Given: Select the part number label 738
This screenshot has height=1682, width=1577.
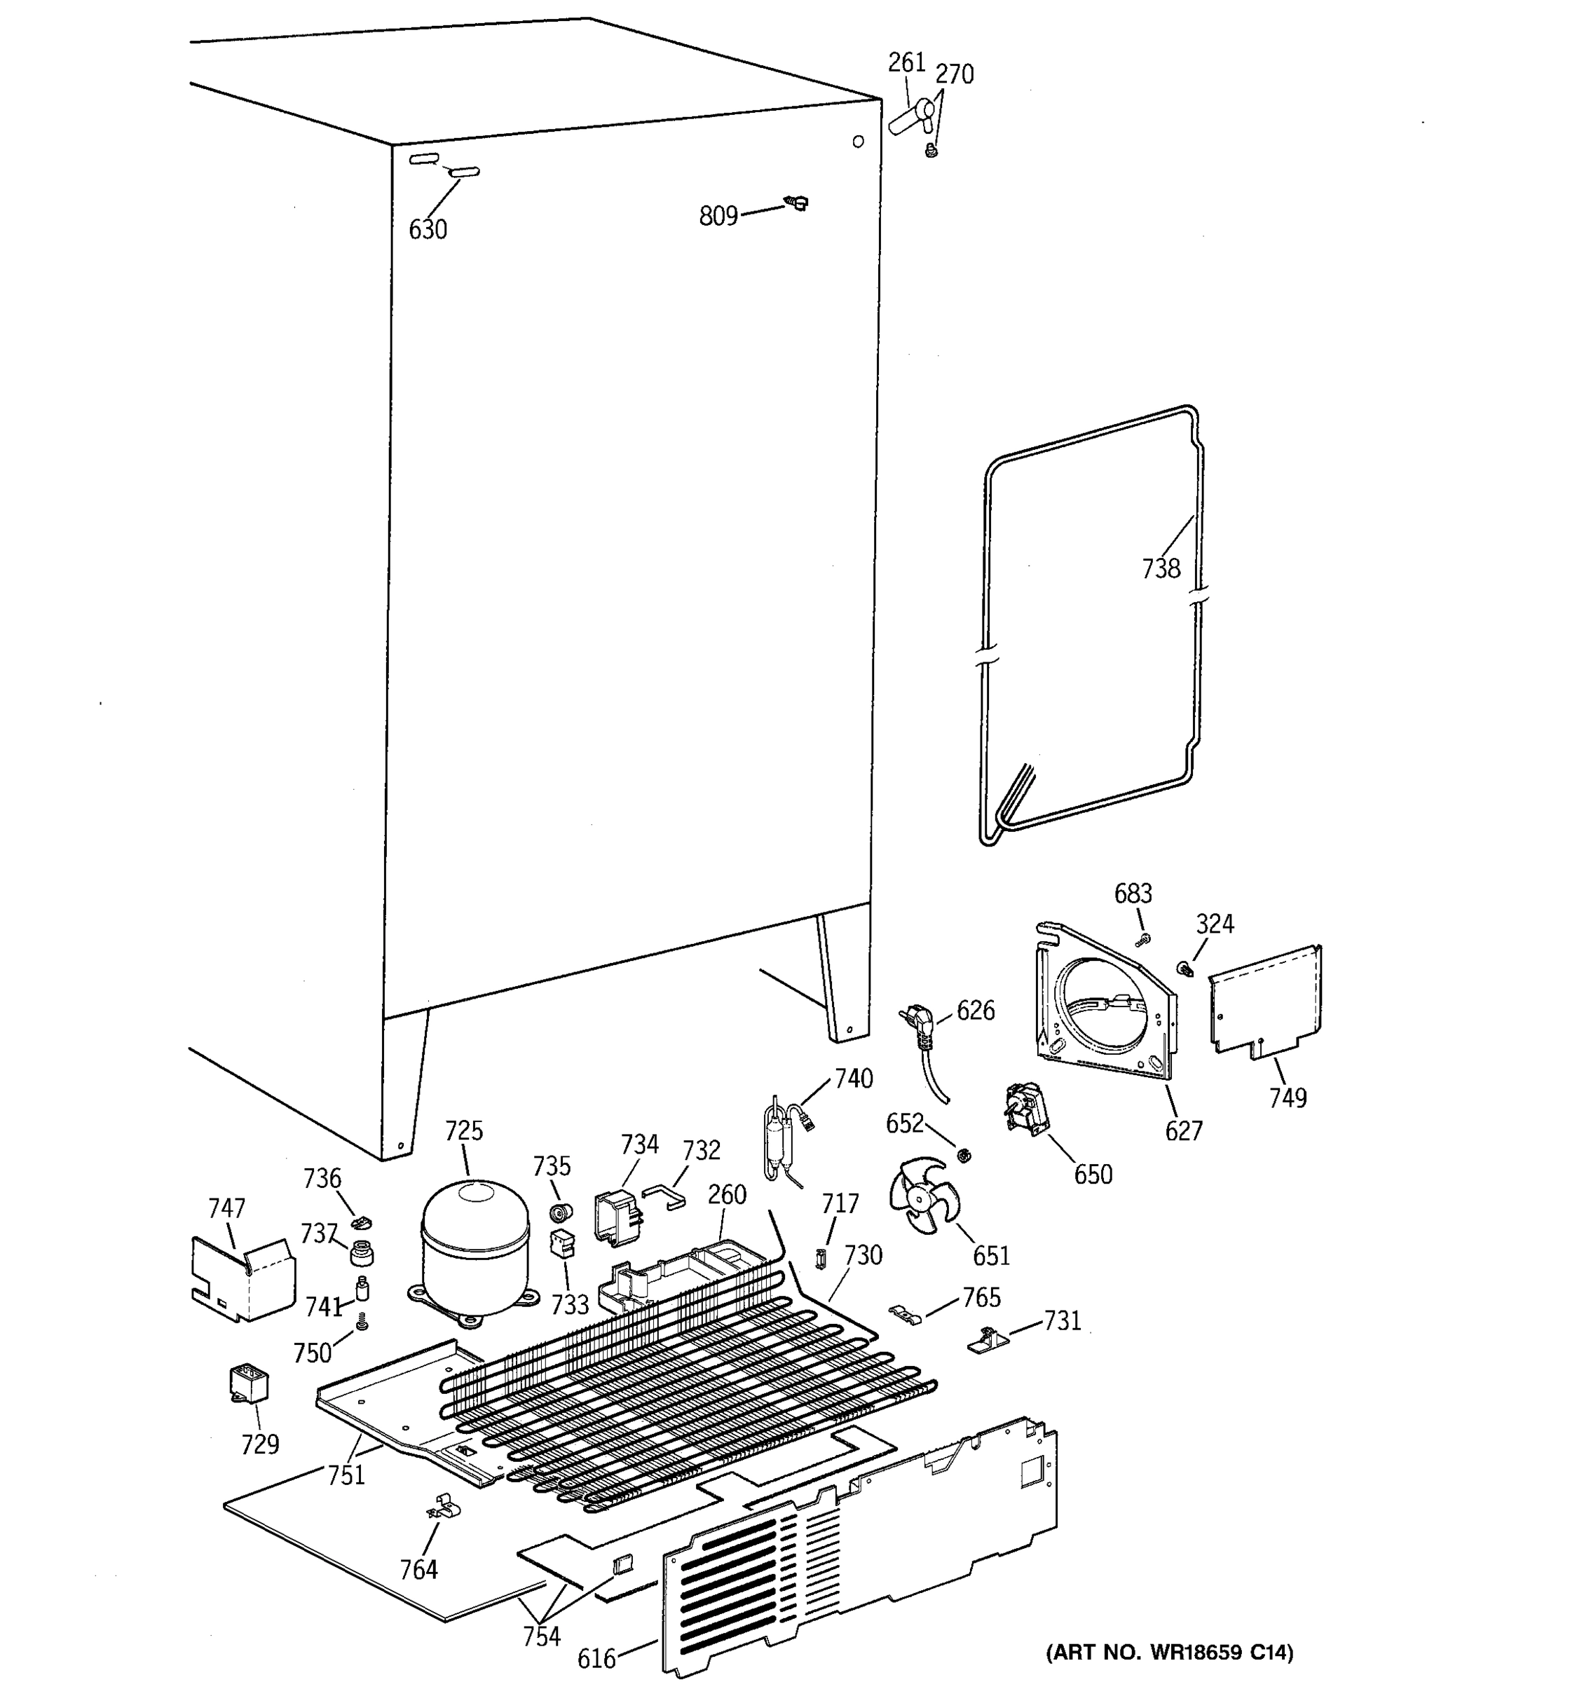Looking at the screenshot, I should [1161, 568].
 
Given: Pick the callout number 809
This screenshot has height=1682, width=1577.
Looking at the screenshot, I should [718, 217].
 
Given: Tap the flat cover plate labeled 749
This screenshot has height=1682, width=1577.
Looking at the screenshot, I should [1266, 999].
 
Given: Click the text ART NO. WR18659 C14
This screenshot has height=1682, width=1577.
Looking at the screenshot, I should [1169, 1653].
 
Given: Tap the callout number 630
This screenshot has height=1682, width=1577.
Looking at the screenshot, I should [428, 229].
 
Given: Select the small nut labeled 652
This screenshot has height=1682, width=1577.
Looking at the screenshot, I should [962, 1155].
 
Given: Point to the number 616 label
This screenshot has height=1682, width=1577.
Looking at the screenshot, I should [596, 1658].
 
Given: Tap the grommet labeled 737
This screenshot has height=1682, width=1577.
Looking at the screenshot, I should [361, 1250].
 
